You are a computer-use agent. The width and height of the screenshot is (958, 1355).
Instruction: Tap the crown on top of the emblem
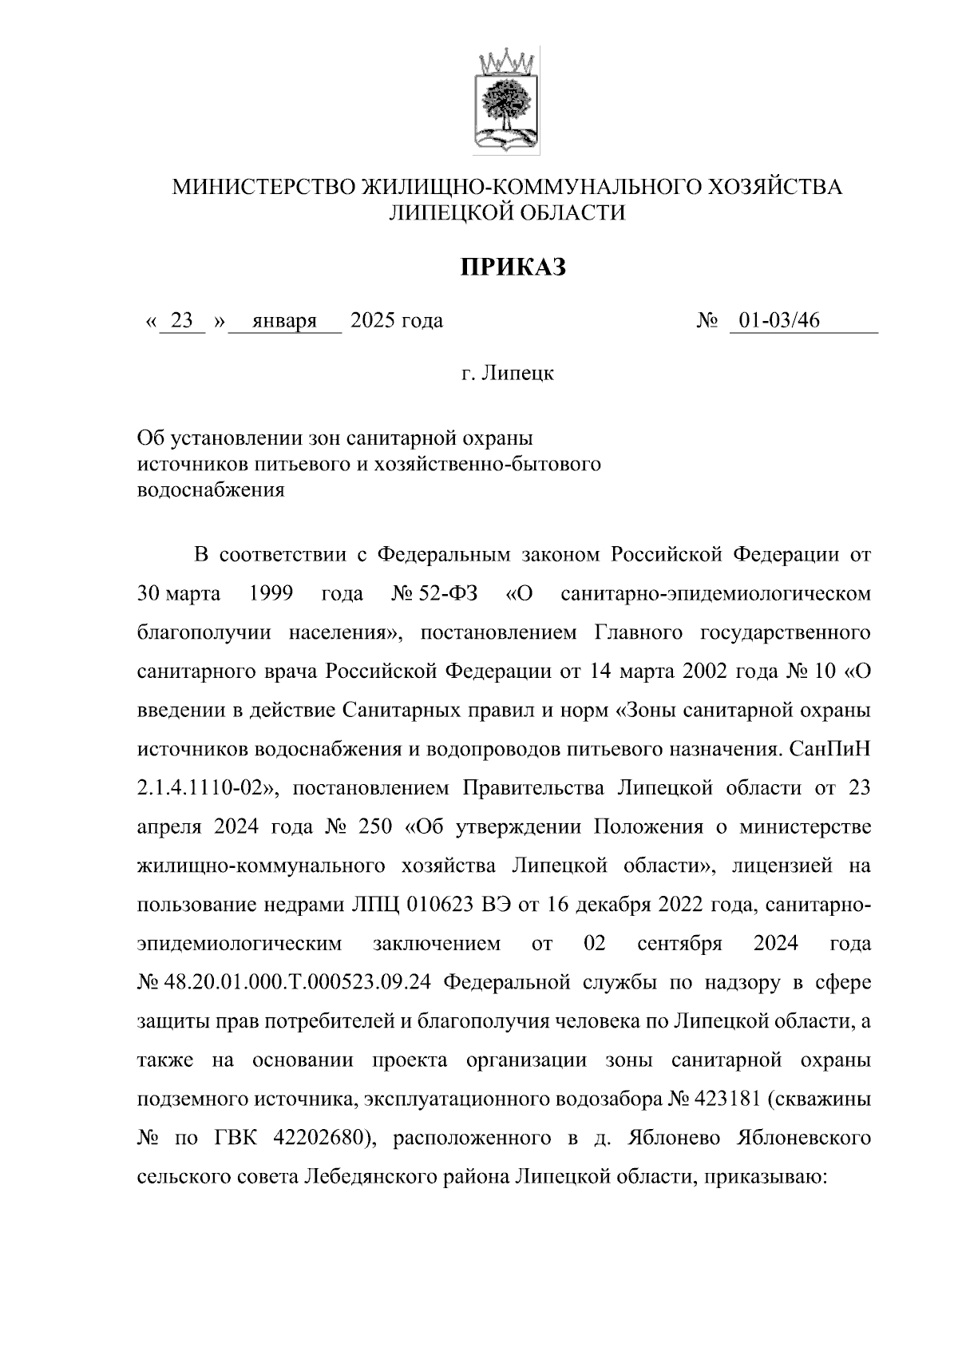508,61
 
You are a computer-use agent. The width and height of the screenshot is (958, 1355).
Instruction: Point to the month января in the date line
284,321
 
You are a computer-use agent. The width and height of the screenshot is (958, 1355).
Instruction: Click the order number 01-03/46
779,321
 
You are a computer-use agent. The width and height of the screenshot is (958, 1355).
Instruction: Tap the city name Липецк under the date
519,373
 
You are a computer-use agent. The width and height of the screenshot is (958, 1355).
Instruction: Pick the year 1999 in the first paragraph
271,594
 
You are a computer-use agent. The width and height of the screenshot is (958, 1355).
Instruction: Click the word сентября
680,945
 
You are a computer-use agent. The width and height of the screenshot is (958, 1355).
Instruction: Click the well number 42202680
319,1139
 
